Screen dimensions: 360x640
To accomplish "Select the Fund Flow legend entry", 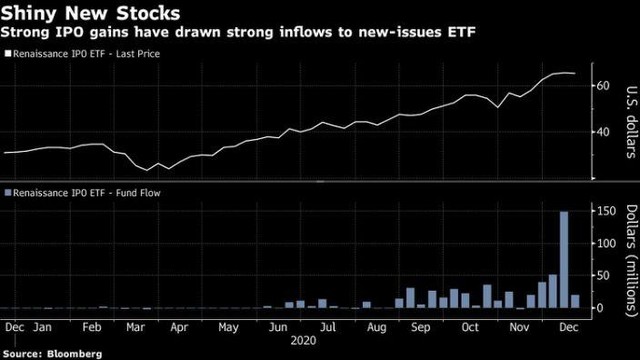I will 84,191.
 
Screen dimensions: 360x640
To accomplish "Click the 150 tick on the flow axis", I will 606,212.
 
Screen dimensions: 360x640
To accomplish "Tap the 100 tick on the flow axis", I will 606,244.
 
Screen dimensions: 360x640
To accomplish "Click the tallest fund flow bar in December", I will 564,260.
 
